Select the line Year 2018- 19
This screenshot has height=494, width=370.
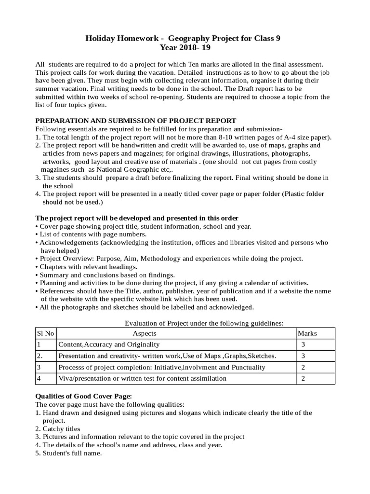tap(185, 47)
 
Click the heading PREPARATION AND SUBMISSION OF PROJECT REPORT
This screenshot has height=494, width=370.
tap(136, 121)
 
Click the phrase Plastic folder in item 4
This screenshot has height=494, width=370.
tap(304, 194)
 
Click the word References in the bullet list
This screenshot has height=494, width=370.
tap(57, 291)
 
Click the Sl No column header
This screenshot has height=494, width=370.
tap(45, 333)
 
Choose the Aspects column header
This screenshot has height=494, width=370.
tap(145, 333)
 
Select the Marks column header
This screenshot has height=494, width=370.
tap(307, 333)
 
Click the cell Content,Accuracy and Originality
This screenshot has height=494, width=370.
tap(109, 344)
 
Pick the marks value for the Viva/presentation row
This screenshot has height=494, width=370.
tap(303, 378)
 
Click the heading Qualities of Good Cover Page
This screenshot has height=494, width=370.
tap(80, 396)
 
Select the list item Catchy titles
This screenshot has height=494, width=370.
tap(61, 428)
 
